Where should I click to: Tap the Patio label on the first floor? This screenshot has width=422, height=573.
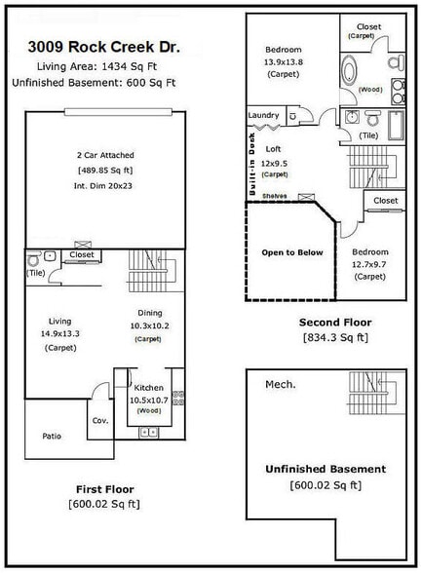(x=52, y=436)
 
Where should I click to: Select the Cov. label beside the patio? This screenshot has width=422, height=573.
(x=99, y=420)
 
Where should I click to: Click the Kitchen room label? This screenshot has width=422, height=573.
(x=148, y=388)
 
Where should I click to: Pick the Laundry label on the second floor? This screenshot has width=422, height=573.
(x=263, y=115)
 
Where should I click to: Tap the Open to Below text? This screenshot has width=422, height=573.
(x=291, y=252)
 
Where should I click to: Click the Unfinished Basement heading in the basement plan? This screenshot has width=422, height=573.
(x=326, y=469)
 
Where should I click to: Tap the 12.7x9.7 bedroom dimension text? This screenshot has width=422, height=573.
(x=370, y=263)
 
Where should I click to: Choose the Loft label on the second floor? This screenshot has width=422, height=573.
(x=274, y=151)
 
